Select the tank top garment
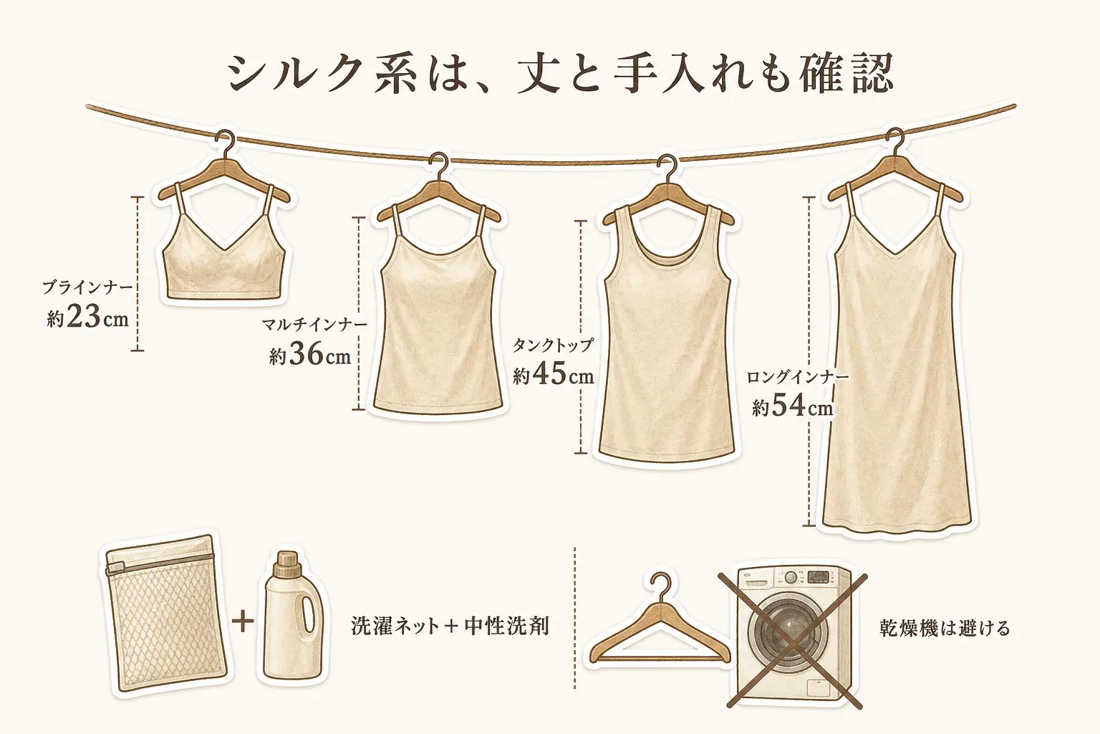[x=667, y=334]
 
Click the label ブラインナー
[x=87, y=287]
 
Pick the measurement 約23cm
[x=88, y=318]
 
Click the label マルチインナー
[x=314, y=325]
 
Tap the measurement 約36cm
[x=310, y=355]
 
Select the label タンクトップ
[x=554, y=345]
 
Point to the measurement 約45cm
[x=554, y=375]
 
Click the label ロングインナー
[x=798, y=377]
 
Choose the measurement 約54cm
[x=793, y=407]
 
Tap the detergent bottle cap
[x=288, y=564]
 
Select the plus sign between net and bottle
[x=243, y=621]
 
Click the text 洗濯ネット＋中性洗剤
[x=450, y=626]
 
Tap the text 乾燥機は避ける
[x=944, y=629]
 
